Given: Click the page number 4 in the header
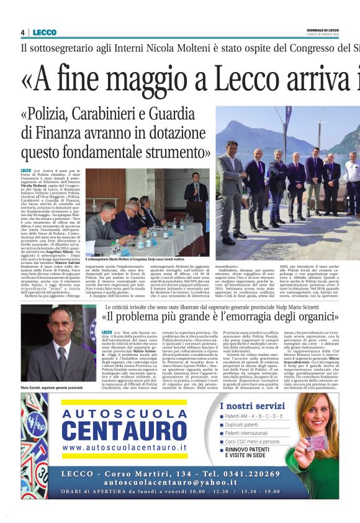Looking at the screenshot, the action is click(22, 32).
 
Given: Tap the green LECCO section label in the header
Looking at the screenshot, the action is click(45, 32).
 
